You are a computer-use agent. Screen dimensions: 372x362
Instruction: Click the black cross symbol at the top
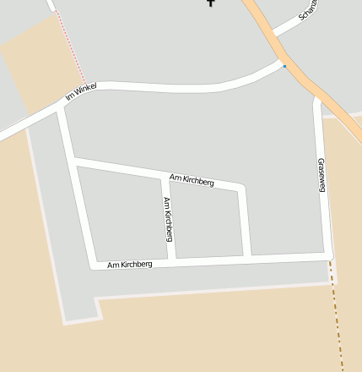[x=211, y=3]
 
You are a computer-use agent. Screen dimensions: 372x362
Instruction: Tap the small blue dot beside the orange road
[x=285, y=66]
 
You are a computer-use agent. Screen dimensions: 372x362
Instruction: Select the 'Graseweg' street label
[x=321, y=174]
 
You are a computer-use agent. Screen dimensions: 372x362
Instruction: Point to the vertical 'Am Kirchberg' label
[x=168, y=219]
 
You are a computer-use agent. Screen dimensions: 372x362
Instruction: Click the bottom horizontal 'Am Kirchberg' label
[x=130, y=265]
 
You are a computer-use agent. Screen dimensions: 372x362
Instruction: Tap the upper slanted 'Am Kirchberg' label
[x=192, y=179]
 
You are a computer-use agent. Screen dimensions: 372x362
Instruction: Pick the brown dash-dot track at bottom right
[x=338, y=313]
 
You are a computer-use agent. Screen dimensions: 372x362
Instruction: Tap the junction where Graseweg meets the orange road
[x=319, y=100]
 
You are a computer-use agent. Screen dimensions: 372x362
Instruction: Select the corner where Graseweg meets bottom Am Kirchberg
[x=328, y=254]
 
